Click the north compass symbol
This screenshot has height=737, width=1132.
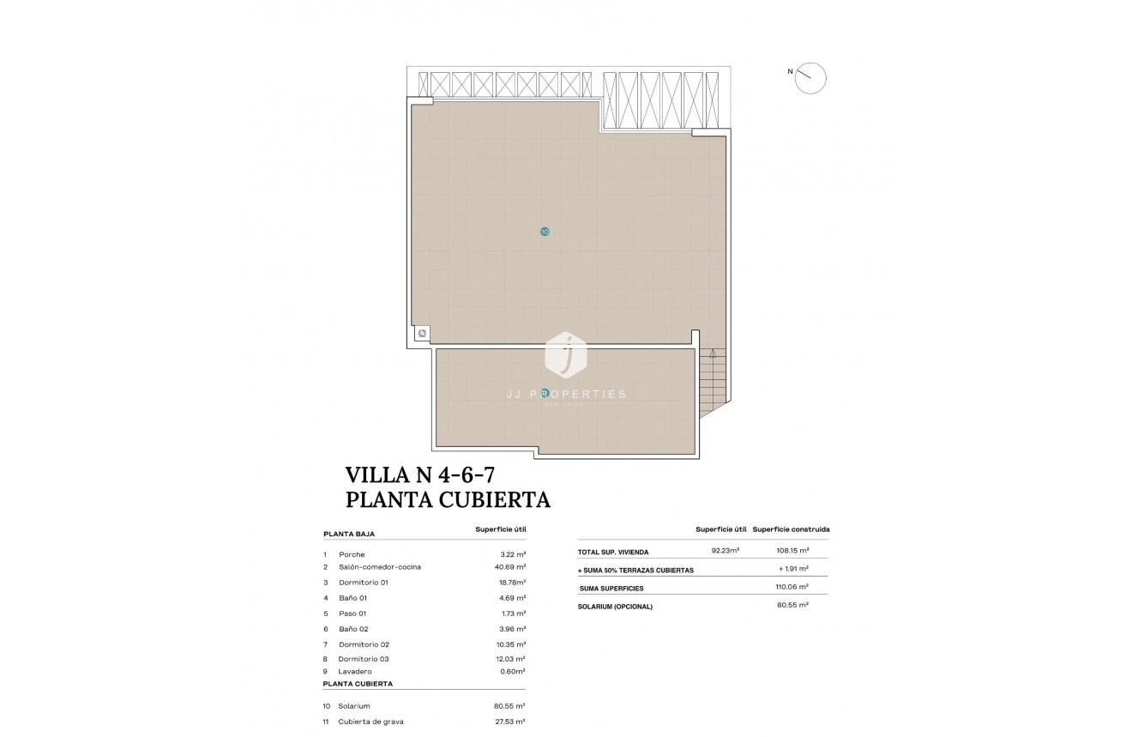coord(810,78)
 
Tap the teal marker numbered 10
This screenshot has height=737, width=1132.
coord(545,232)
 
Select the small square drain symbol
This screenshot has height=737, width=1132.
coord(422,334)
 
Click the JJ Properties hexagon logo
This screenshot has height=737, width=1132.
coord(566,353)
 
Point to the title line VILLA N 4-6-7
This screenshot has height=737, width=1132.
coord(420,474)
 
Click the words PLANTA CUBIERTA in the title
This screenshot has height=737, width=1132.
coord(447,499)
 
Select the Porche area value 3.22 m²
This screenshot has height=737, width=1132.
coord(512,554)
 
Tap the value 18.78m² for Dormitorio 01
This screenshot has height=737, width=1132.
coord(511,583)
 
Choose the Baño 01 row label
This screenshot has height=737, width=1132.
coord(352,598)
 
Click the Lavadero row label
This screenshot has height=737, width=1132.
coord(356,672)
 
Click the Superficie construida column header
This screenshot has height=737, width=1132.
coord(791,529)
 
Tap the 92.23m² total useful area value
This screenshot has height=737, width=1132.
coord(726,551)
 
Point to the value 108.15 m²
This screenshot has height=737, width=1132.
coord(792,551)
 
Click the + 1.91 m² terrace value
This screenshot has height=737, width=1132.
coord(793,570)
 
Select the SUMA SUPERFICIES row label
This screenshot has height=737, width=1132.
coord(611,589)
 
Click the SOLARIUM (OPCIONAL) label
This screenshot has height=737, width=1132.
coord(616,607)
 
